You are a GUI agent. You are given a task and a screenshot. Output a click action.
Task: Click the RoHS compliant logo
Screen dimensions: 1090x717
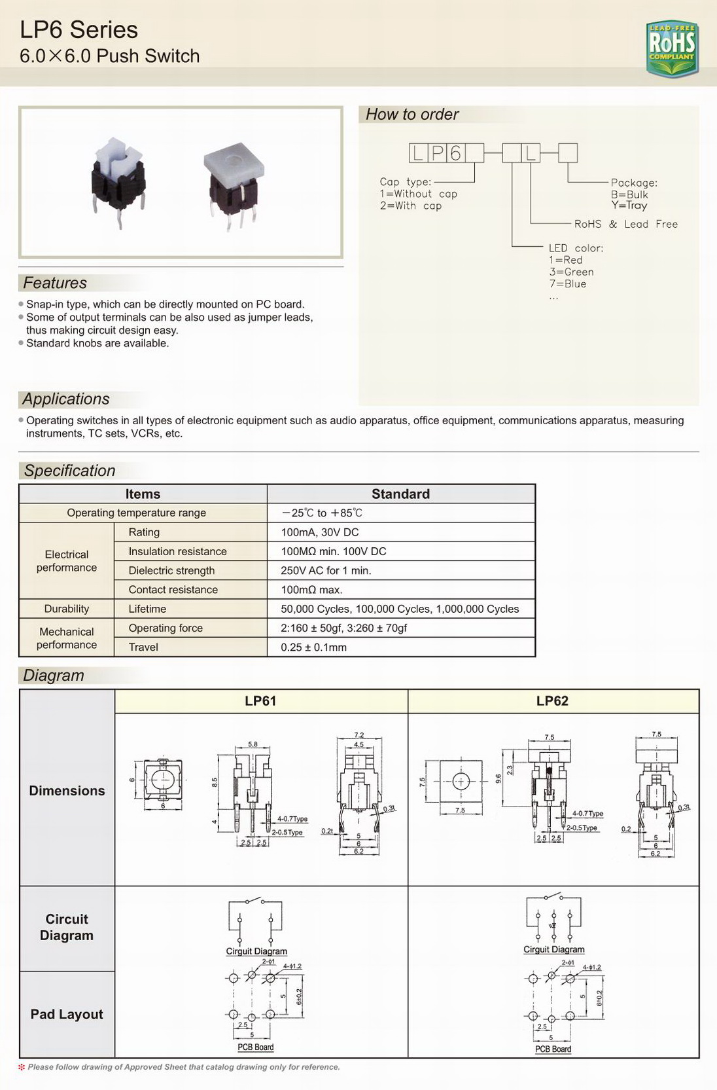click(672, 47)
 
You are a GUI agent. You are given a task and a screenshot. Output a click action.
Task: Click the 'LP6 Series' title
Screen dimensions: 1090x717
click(79, 30)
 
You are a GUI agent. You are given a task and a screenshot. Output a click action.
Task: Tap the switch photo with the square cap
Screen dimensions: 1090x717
click(233, 183)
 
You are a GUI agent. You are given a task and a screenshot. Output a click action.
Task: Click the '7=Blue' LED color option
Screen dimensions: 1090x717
click(567, 284)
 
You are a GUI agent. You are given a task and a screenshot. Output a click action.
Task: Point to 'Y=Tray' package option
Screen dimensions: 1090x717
click(629, 206)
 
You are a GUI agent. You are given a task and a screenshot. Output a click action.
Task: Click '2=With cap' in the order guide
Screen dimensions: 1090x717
click(410, 206)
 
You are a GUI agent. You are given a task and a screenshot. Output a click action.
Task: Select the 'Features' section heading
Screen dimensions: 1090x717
click(55, 283)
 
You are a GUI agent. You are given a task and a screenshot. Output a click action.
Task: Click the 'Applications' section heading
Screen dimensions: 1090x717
click(66, 399)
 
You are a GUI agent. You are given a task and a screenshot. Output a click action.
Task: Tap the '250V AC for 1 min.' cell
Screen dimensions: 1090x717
click(326, 571)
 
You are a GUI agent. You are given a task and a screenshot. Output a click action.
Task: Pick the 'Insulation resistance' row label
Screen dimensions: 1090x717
click(177, 552)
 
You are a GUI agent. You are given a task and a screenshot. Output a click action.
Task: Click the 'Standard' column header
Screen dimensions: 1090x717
click(400, 494)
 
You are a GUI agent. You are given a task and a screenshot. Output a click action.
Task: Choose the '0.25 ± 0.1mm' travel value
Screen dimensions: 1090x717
click(313, 647)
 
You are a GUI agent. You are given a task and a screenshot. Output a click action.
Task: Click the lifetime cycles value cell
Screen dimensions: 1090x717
click(400, 609)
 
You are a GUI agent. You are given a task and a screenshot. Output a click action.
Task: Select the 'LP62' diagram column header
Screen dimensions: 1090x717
click(552, 701)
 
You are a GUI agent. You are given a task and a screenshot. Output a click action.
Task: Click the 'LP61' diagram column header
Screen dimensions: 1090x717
click(260, 701)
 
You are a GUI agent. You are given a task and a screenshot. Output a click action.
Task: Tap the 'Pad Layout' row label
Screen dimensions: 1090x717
click(67, 1014)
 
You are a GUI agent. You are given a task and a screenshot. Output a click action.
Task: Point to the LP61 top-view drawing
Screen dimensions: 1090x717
click(160, 780)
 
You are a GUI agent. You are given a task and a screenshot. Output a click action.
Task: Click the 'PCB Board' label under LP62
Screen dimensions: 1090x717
click(553, 1049)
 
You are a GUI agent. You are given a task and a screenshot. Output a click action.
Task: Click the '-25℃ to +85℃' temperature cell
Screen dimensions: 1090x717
click(322, 513)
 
